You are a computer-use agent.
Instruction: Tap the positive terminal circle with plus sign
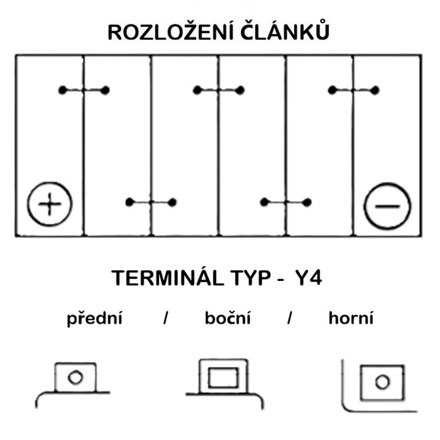click(x=49, y=204)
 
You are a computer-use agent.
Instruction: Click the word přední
click(x=94, y=318)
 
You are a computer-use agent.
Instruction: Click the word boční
click(x=227, y=318)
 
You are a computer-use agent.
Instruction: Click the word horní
click(x=351, y=318)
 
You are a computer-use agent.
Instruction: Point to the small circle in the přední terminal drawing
click(x=75, y=377)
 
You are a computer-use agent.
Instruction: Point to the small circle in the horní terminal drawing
click(x=382, y=382)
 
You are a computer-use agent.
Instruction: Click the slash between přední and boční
click(x=165, y=318)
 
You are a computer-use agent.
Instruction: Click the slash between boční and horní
click(x=289, y=318)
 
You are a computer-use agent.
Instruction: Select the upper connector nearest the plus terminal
click(x=83, y=90)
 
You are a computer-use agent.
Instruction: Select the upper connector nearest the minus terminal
click(x=353, y=90)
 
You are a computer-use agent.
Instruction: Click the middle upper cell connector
click(x=218, y=90)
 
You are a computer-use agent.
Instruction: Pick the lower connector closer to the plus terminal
click(x=151, y=202)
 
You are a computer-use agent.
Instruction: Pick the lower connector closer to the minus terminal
click(x=286, y=202)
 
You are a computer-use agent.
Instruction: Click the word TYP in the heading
click(x=240, y=278)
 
